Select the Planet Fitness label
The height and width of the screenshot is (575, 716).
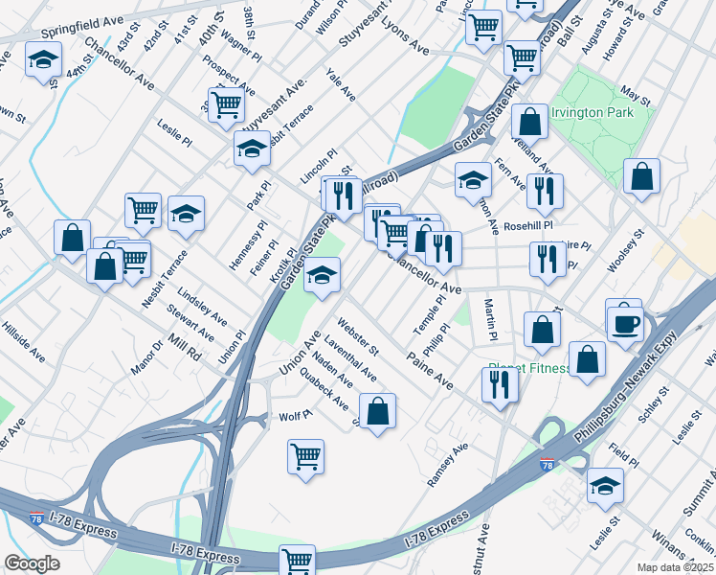pos(528,367)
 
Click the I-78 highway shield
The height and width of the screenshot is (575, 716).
pos(547,465)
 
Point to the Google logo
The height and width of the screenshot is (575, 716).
pos(31,563)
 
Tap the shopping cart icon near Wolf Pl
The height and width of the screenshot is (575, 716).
pos(305,455)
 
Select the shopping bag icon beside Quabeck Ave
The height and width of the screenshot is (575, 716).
pos(378,411)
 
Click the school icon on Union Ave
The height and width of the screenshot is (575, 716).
pos(323,277)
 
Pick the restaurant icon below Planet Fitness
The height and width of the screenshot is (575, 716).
pos(500,383)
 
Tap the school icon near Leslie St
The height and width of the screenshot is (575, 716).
pos(605,486)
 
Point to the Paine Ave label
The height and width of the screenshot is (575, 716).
pos(430,370)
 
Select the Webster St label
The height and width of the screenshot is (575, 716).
pos(358,336)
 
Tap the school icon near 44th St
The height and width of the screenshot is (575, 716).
pos(42,60)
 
